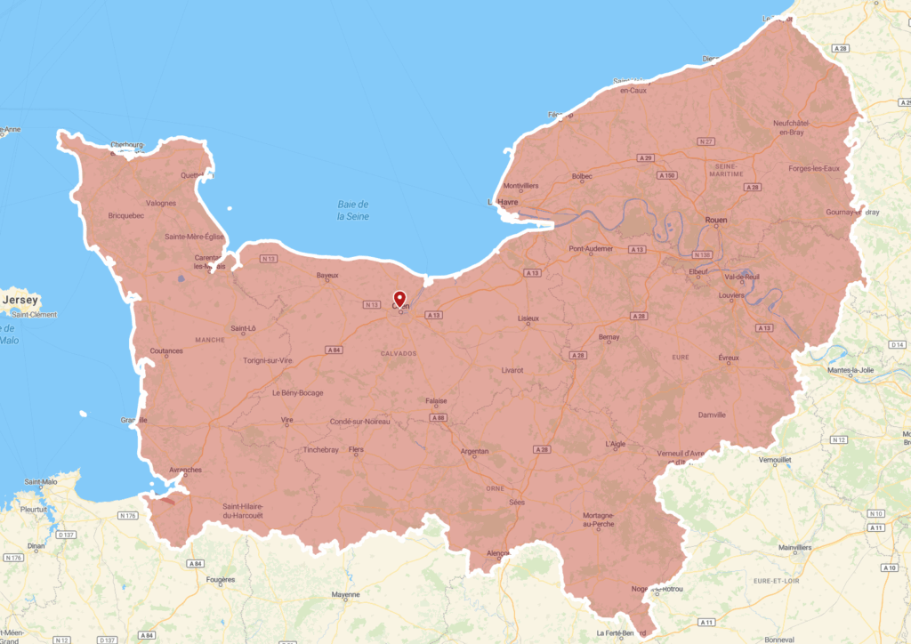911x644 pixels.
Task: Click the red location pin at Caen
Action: [399, 298]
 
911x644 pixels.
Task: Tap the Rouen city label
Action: [716, 219]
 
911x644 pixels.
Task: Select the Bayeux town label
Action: [327, 276]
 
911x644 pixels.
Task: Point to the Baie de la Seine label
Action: [353, 210]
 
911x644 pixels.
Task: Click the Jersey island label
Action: [20, 301]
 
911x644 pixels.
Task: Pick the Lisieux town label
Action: [528, 318]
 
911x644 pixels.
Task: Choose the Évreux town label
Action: [729, 358]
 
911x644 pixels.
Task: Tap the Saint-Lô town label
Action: [243, 328]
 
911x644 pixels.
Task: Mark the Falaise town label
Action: [436, 400]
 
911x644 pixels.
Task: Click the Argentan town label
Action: [474, 452]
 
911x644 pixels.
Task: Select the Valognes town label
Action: [161, 203]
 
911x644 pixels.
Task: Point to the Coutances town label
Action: [166, 351]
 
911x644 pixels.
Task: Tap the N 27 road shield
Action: [707, 141]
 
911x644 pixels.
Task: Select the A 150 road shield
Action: [666, 175]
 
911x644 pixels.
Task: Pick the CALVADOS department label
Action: [398, 353]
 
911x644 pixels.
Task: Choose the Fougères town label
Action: [221, 580]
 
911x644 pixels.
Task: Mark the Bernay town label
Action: [609, 337]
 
